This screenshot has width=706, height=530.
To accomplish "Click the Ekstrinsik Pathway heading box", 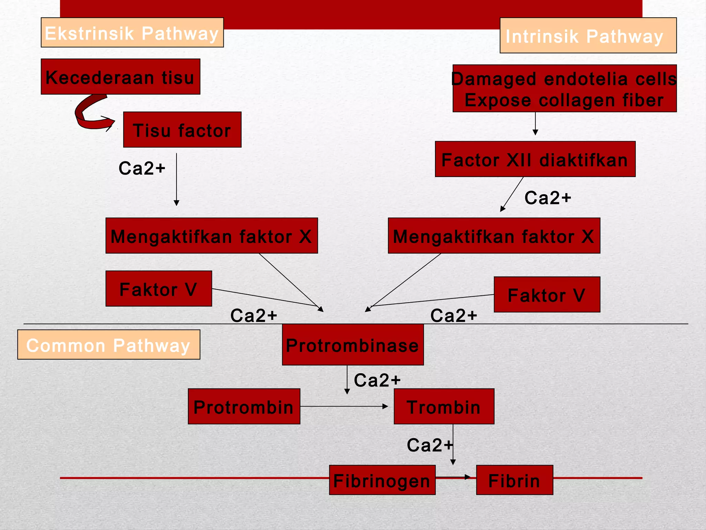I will (x=132, y=32).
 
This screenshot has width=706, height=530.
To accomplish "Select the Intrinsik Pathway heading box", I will (x=588, y=35).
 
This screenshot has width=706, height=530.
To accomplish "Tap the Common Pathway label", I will (x=109, y=344).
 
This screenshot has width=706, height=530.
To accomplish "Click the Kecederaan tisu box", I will (x=120, y=77).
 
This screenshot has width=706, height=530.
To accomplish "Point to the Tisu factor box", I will (x=182, y=130).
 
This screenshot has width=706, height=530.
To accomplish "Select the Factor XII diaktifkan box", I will (x=535, y=159).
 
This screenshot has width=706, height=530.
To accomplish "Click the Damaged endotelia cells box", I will (x=564, y=88).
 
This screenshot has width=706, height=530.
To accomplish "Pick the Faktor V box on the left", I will (x=159, y=288).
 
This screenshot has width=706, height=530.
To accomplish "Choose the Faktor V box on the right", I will (x=547, y=294).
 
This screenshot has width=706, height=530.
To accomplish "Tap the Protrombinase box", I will (x=353, y=344).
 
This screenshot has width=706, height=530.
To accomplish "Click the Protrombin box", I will (x=244, y=406).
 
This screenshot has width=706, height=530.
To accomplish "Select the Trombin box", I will (x=444, y=406).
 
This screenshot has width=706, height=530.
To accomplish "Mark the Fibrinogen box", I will (x=382, y=480).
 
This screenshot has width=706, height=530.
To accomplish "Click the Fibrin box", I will (x=514, y=480).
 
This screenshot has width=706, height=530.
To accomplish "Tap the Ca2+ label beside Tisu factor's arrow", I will (x=142, y=168).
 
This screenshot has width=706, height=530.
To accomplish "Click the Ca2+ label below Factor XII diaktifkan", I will (x=547, y=198).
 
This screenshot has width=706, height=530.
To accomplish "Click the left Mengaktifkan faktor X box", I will (x=211, y=236).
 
